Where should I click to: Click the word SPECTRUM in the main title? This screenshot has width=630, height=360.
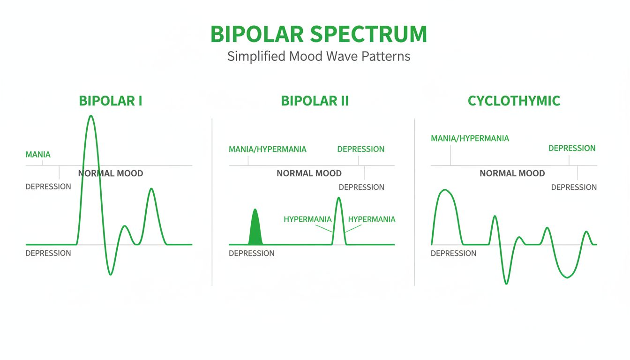tap(369, 34)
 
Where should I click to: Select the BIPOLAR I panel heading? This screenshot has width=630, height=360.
tap(111, 101)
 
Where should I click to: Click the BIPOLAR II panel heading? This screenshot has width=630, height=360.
tap(315, 101)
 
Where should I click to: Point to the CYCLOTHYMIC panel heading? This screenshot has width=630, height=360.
tap(514, 101)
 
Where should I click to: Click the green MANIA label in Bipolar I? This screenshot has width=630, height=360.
tap(38, 154)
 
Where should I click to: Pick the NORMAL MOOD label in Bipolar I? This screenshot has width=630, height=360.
tap(111, 173)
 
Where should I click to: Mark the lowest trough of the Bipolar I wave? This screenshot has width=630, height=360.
tap(111, 274)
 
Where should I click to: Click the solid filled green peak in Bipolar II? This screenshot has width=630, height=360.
tap(255, 230)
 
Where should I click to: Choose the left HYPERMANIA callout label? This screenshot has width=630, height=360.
tap(307, 219)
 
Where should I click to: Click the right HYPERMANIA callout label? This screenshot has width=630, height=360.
tap(371, 219)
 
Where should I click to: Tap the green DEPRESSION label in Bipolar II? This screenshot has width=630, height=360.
tap(360, 149)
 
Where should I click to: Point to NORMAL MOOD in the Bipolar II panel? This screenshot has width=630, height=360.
tap(309, 173)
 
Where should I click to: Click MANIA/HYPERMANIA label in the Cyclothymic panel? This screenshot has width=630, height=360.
tap(470, 138)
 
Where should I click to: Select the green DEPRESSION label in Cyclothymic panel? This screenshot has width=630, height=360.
tap(572, 148)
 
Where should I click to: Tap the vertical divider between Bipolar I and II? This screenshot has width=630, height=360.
tap(212, 202)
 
